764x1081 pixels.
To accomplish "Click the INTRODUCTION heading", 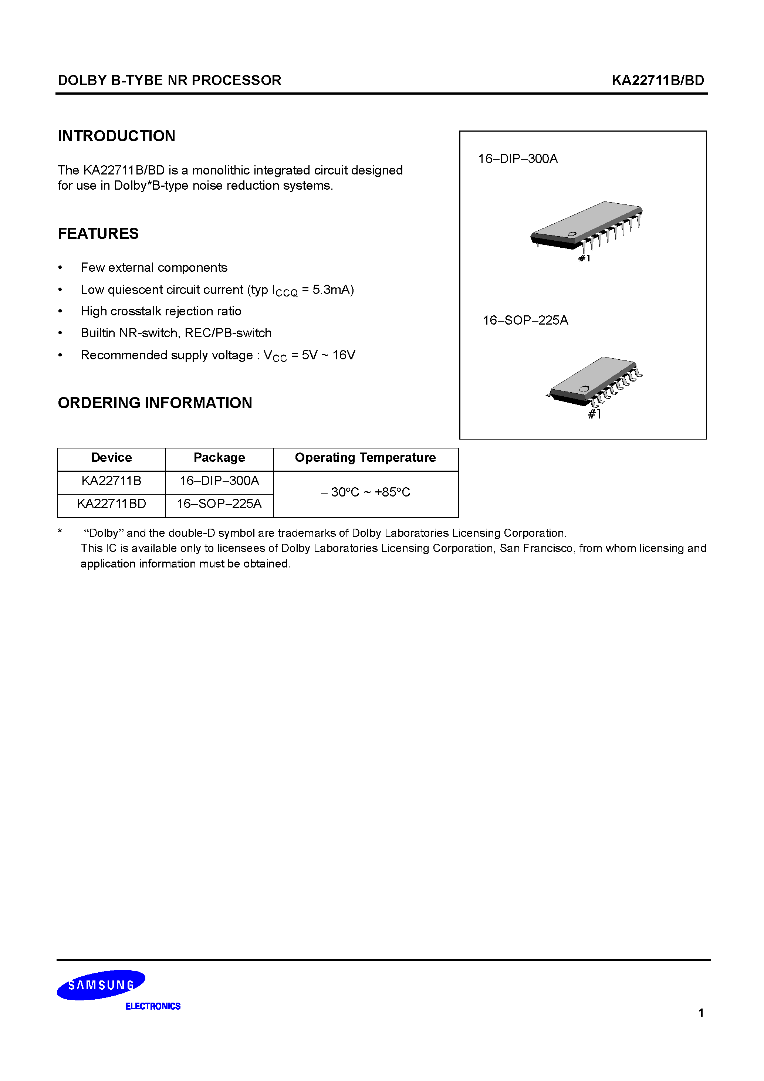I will coord(116,136).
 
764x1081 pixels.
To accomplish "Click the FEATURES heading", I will coord(98,234).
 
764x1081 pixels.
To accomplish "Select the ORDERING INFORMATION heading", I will coord(155,403).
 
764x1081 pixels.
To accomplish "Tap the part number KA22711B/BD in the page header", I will coord(657,81).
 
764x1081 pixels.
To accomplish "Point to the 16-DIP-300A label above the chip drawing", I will coord(518,159).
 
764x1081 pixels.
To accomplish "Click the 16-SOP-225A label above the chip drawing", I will coord(525,321).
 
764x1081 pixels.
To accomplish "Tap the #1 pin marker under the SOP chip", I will coord(594,414).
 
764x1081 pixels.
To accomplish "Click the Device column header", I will coord(111,458).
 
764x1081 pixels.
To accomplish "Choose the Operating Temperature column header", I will coord(365,458).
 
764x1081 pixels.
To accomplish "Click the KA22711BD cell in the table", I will coord(111,504).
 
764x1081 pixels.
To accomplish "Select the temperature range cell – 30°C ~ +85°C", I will coord(365,492).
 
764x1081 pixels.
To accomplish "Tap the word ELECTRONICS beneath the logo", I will coord(153,1006).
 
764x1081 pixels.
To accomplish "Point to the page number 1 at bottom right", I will coord(701,1013).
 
